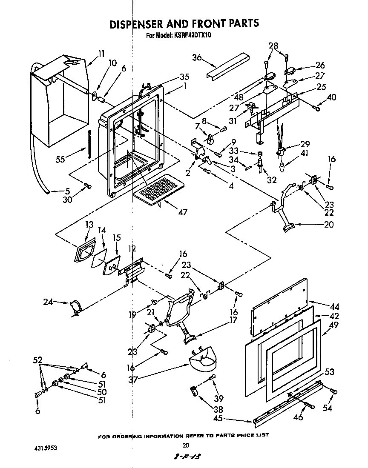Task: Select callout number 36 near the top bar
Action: [x=197, y=58]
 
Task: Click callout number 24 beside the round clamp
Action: [x=48, y=303]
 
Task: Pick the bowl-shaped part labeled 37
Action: [x=204, y=362]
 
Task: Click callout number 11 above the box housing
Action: [x=101, y=54]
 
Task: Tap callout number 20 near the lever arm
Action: [x=328, y=225]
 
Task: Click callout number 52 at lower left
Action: [x=37, y=360]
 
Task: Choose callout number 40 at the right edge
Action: [x=331, y=97]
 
